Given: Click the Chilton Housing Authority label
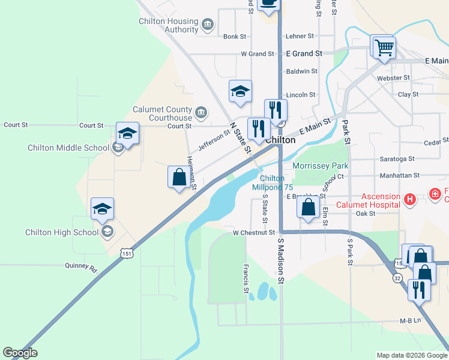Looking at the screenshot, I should pos(165,25).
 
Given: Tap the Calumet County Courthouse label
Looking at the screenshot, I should pos(162,113).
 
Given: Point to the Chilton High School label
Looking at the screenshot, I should pos(62,232).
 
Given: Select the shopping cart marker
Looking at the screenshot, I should pos(384,47).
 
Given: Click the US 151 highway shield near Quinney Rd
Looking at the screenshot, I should pos(126,254).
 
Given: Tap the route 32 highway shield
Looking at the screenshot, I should pos(398,279).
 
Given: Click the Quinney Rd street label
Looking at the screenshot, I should pos(81,266).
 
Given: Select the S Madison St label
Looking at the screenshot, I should pos(280,256).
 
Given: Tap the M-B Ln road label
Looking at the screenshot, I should pos(411,320).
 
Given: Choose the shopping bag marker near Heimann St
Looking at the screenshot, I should pos(179,177).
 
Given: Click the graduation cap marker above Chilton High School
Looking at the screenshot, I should pos(103,209).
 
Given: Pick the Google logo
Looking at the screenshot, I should pos(20,353).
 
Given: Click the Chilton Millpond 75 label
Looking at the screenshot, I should pos(272,182).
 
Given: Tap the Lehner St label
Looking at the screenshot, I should pos(300,37).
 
